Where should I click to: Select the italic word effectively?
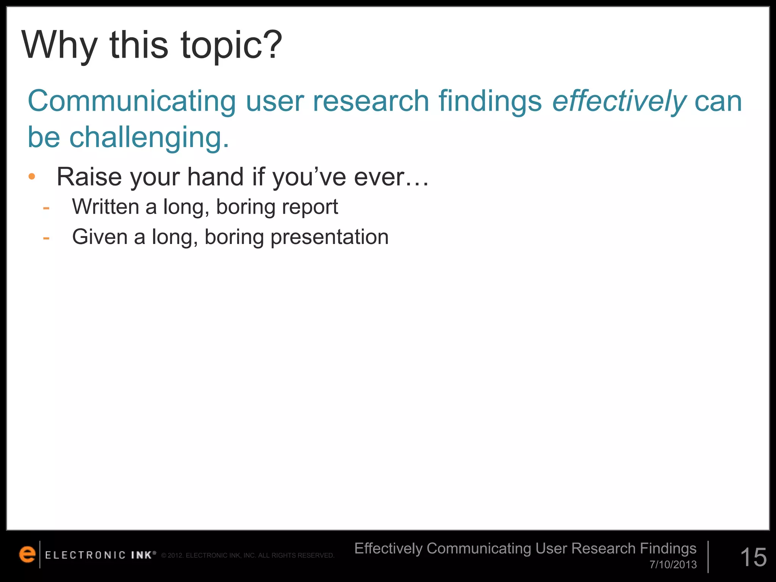click(x=619, y=102)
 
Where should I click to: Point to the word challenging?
click(x=149, y=137)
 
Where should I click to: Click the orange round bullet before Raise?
click(x=32, y=176)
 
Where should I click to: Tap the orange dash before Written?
click(x=46, y=208)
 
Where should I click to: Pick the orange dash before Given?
click(x=46, y=238)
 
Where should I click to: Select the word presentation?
click(x=329, y=238)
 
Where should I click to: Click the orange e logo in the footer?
click(x=27, y=554)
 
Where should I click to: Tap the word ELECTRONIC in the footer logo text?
click(x=85, y=555)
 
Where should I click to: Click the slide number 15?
click(x=753, y=557)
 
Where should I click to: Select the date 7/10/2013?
click(x=673, y=565)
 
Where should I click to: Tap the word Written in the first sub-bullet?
click(x=106, y=207)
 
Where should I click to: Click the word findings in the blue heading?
click(x=490, y=102)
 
